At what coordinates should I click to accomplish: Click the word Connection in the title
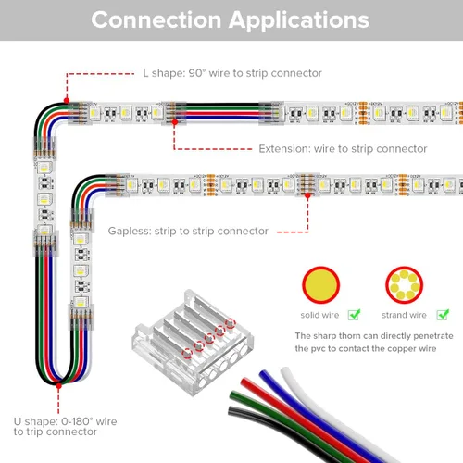tap(156, 20)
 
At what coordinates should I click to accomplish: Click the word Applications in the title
tap(299, 21)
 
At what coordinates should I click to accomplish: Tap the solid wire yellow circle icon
tap(320, 284)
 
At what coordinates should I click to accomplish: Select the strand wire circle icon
tap(404, 284)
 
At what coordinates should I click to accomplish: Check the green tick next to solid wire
tap(354, 315)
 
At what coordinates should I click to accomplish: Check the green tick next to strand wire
tap(443, 315)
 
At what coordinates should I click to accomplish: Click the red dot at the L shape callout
tap(67, 101)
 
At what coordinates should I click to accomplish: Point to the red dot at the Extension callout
tap(175, 122)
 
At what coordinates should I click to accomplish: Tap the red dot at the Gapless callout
tap(307, 195)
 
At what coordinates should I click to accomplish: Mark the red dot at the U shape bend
tap(58, 385)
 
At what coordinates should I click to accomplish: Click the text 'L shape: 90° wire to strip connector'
tap(232, 73)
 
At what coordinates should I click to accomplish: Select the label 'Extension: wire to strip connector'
tap(343, 149)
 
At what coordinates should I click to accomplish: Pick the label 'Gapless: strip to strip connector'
tap(188, 231)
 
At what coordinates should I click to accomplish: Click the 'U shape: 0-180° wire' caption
tap(65, 421)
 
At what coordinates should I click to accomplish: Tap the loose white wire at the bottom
tap(333, 414)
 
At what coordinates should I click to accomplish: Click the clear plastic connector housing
tap(193, 343)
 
